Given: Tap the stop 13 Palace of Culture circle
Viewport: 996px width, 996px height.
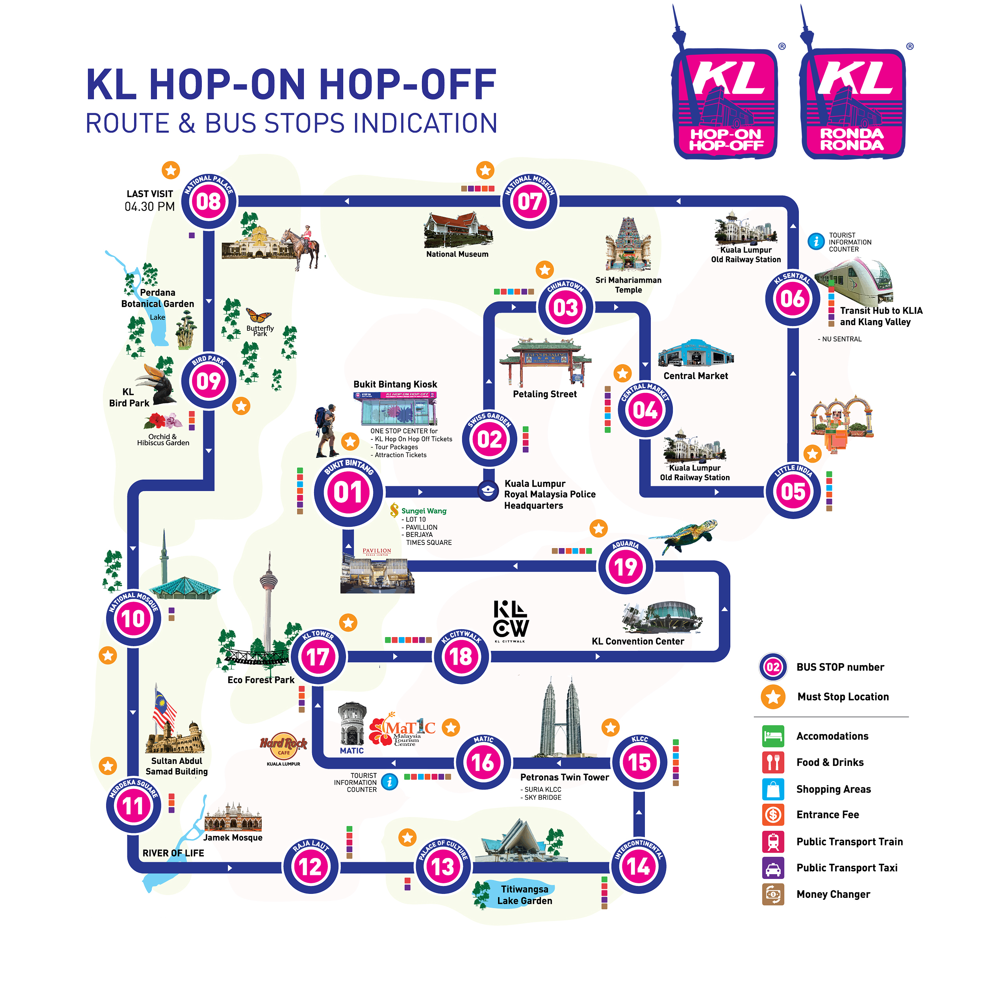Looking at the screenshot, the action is tap(443, 866).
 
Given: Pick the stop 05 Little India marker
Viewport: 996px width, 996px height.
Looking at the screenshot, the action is tap(793, 491).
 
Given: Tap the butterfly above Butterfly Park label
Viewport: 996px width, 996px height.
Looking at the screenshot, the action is tap(259, 314).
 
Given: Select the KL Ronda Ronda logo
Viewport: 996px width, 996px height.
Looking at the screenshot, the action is tap(853, 103).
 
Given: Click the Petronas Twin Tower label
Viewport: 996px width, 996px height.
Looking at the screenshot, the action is tap(564, 777).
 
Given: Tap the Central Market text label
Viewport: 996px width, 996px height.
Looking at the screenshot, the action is tap(695, 376).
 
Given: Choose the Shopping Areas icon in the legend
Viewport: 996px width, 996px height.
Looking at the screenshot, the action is tap(773, 789).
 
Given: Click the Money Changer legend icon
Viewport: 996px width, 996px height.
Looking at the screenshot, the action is tap(773, 894).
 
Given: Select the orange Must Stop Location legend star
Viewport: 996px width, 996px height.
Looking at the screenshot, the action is tap(773, 696).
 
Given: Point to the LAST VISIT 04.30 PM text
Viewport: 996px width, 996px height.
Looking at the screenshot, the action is tap(149, 201).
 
